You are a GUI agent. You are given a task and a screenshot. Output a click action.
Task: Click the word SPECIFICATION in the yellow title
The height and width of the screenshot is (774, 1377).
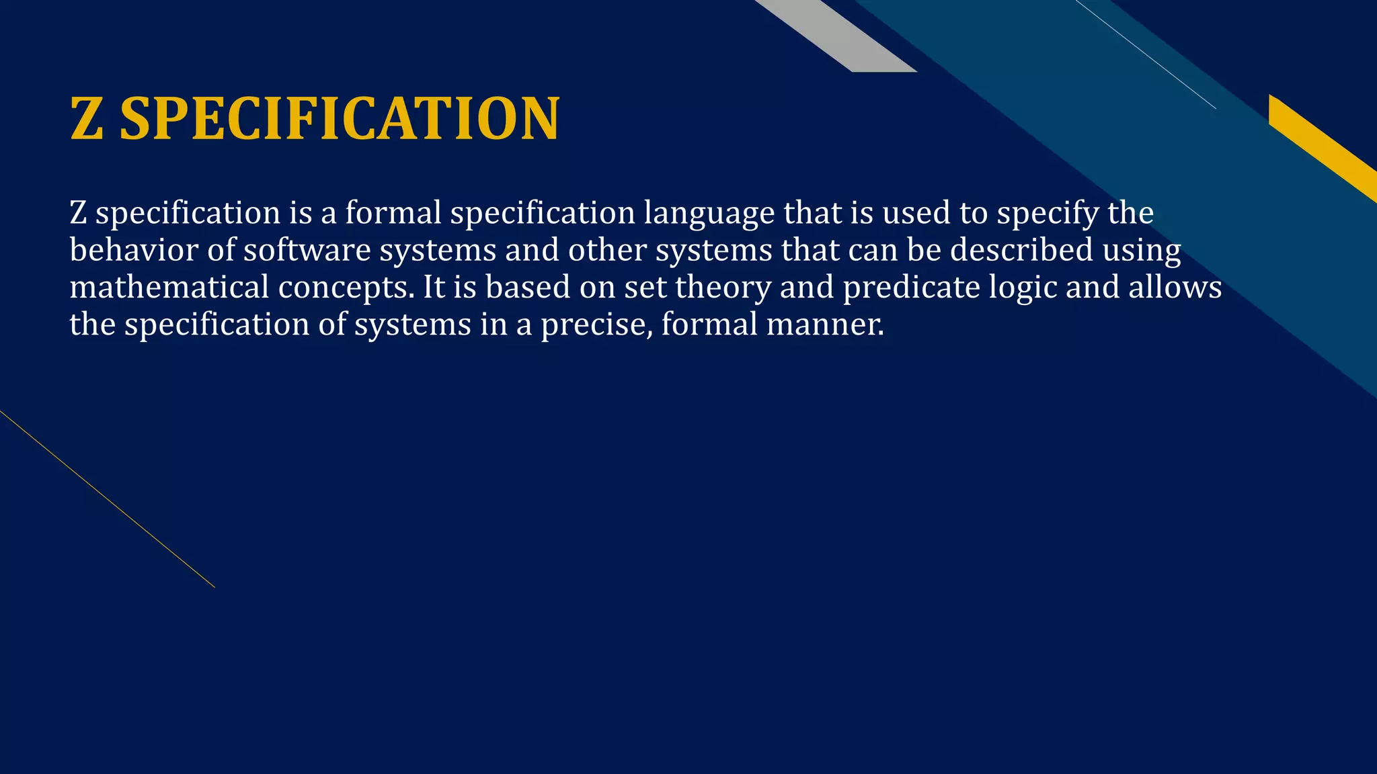click(x=339, y=119)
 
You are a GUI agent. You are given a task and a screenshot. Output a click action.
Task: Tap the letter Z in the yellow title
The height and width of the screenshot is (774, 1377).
click(x=87, y=119)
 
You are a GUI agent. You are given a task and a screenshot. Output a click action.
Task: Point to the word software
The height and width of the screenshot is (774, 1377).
click(x=307, y=251)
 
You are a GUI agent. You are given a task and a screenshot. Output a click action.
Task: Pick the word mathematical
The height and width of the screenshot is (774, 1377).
click(x=169, y=288)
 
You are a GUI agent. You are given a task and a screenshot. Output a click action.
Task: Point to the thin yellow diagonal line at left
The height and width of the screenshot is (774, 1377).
click(x=108, y=499)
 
